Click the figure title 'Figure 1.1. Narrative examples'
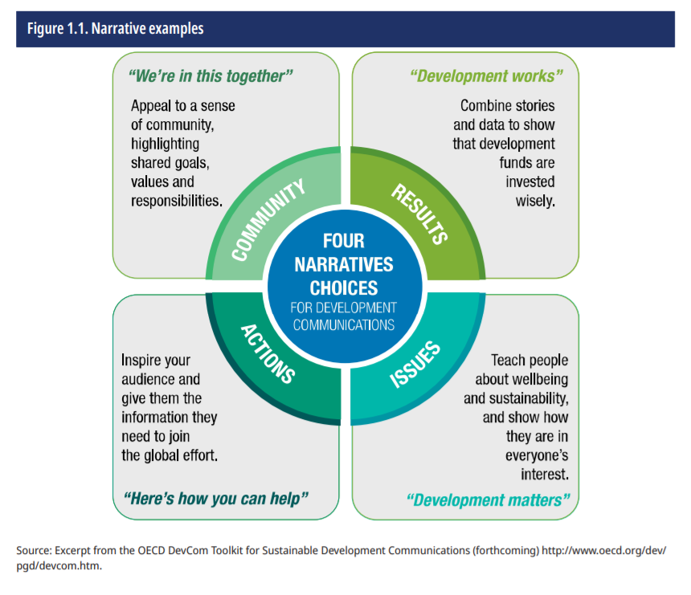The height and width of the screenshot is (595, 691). (115, 29)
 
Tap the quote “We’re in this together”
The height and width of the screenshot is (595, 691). (211, 76)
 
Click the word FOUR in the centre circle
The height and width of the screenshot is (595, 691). (343, 241)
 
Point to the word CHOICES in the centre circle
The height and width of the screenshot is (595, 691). (343, 287)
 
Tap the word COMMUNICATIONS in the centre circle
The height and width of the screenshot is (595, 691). (343, 325)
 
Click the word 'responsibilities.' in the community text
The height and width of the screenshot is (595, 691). (177, 201)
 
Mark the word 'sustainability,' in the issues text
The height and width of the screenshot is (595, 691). (528, 398)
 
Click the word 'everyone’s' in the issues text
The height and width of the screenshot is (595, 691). (535, 455)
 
